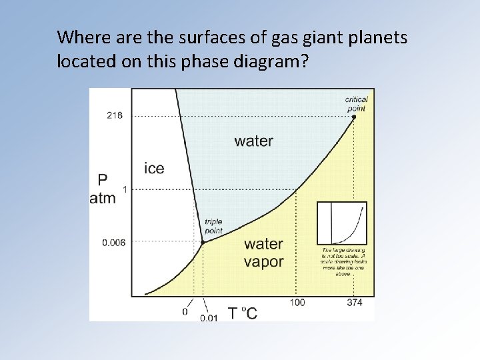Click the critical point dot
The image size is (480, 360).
click(x=354, y=117)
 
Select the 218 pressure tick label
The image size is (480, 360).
click(x=114, y=115)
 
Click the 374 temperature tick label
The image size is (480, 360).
click(x=354, y=303)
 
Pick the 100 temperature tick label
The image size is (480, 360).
click(x=297, y=303)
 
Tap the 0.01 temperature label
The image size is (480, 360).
click(x=208, y=317)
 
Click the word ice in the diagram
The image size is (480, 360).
click(x=154, y=168)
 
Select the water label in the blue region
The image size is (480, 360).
click(x=253, y=141)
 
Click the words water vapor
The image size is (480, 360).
click(x=264, y=253)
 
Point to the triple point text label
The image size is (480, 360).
click(x=213, y=226)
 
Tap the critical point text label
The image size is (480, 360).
click(x=357, y=103)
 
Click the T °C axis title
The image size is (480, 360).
click(x=242, y=312)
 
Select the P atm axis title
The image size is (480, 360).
click(x=103, y=189)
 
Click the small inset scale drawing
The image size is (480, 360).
click(x=341, y=223)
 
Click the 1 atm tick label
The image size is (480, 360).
click(x=125, y=189)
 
